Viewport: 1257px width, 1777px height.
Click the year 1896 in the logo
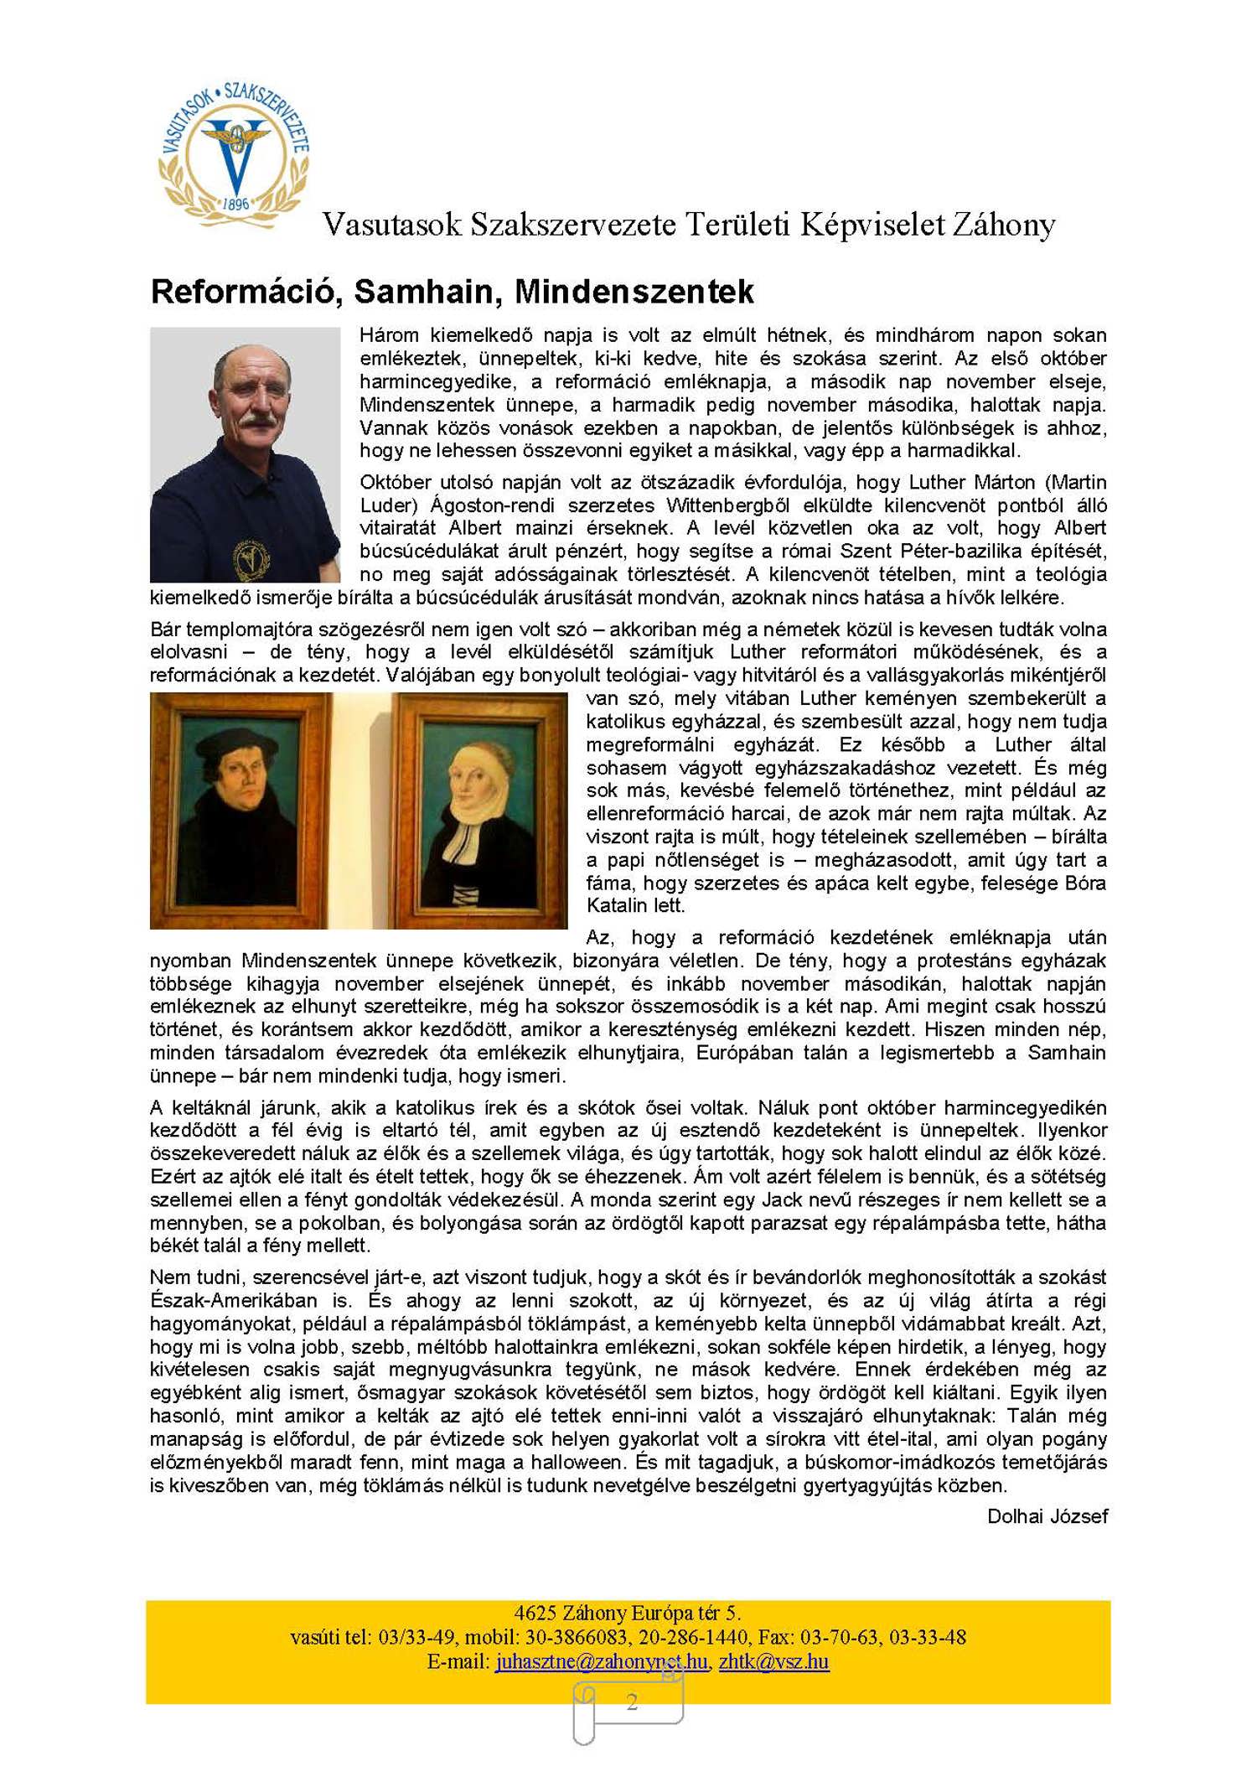[x=235, y=204]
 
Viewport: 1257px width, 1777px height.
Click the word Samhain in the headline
[x=428, y=292]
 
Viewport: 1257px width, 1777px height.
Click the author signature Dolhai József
[x=1047, y=1515]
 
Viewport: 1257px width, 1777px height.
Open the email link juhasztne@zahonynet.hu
[x=601, y=1660]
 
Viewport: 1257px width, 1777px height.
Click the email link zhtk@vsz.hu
[x=773, y=1660]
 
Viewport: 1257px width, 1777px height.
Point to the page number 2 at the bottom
[x=632, y=1701]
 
